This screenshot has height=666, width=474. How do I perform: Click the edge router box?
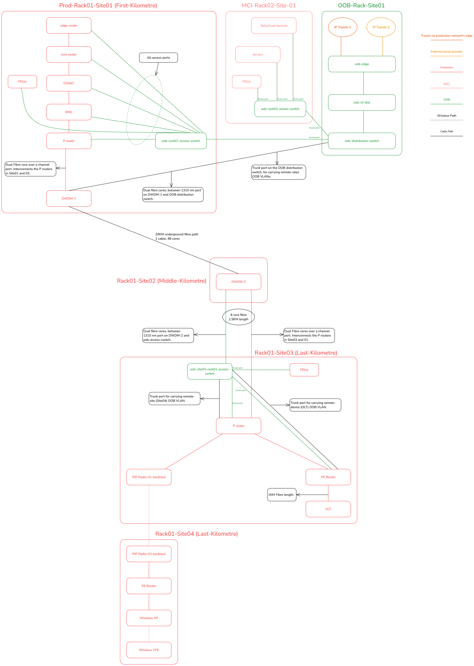click(69, 25)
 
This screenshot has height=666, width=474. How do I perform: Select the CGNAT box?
click(69, 83)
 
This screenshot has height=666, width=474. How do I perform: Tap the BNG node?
click(69, 112)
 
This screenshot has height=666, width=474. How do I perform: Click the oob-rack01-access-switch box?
click(181, 141)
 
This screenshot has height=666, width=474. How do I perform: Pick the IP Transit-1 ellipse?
click(343, 27)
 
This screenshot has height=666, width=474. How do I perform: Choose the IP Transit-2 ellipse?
click(381, 27)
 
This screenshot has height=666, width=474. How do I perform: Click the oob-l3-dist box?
click(362, 102)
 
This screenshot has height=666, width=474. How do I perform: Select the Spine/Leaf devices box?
click(274, 25)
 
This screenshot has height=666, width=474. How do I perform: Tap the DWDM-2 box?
click(238, 282)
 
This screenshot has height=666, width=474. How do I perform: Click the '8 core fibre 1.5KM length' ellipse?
click(238, 317)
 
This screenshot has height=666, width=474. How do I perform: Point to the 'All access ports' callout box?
click(158, 58)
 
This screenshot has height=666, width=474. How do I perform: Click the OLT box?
click(328, 509)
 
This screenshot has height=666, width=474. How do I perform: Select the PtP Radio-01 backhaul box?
click(149, 477)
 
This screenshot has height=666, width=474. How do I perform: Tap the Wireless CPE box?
click(149, 650)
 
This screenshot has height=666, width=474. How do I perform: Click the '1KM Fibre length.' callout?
click(281, 495)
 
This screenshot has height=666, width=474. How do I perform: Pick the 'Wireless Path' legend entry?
click(446, 116)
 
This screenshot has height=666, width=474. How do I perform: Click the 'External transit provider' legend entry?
click(446, 52)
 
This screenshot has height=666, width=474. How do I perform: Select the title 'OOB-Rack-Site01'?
click(361, 6)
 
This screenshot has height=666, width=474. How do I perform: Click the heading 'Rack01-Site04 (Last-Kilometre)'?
click(196, 534)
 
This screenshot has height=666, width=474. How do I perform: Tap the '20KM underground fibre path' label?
click(177, 234)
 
